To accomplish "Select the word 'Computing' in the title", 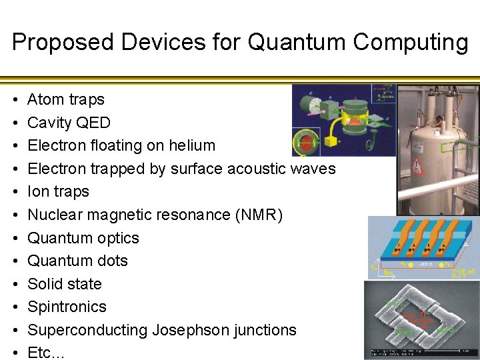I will click(411, 42).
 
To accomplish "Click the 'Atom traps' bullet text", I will click(65, 99).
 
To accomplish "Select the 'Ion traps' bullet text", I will click(58, 191).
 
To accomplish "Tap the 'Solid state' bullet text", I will click(65, 284).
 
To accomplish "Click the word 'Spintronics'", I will click(67, 307).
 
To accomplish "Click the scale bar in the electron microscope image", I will click(400, 353).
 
